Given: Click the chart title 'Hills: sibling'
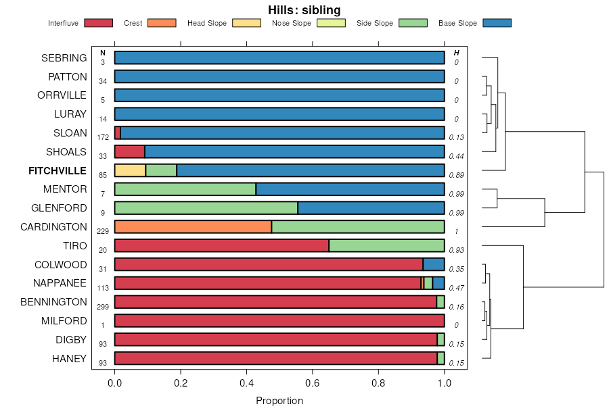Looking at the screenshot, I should (304, 9).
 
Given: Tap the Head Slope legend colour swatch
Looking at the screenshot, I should (246, 23).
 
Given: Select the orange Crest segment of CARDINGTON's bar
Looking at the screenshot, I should (193, 227).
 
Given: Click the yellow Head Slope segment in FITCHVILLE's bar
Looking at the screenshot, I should (130, 170).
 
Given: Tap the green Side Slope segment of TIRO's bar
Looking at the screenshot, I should (386, 245).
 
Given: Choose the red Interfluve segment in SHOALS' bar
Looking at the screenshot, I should (129, 151).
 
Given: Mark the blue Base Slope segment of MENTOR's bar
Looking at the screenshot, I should (350, 189).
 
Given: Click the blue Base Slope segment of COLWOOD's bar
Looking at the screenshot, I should (434, 264).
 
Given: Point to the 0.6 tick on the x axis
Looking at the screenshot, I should (313, 383).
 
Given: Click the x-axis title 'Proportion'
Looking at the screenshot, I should (279, 401).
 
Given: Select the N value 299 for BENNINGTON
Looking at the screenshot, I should (103, 307).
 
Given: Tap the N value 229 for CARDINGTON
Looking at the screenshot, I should (103, 231).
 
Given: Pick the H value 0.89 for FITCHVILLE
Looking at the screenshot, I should (456, 175).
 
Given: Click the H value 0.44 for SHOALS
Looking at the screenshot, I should (456, 156).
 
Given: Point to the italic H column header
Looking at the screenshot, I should (457, 53).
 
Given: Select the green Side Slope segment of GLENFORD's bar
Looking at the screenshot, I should (206, 208).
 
